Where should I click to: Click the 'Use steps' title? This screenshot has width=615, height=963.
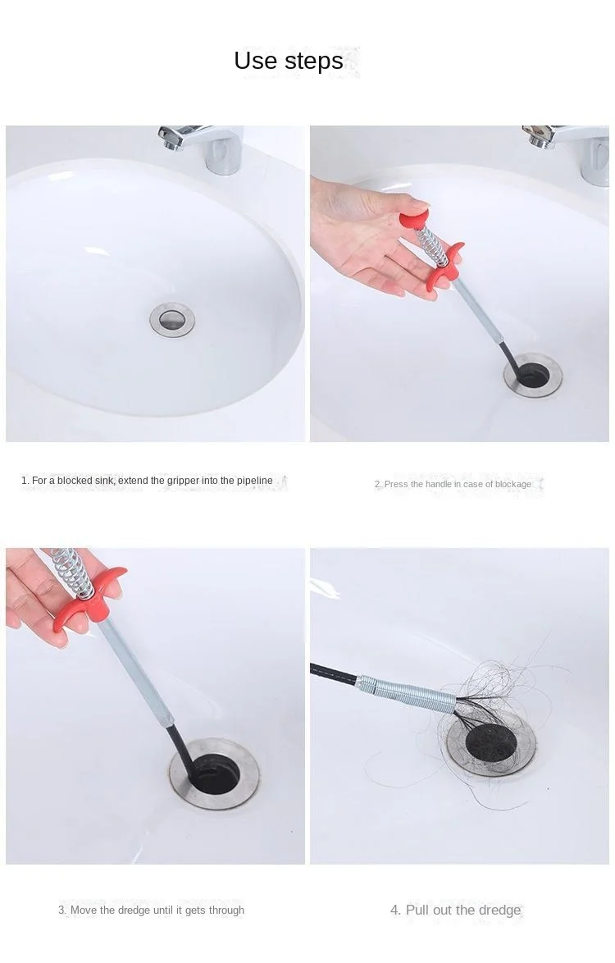pos(289,61)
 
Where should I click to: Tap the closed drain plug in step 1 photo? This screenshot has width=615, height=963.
pos(172,319)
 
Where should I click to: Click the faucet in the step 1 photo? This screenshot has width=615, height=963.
pos(202,148)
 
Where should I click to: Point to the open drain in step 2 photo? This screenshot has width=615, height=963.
pos(533,374)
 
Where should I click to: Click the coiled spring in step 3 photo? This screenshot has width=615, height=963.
pos(72,572)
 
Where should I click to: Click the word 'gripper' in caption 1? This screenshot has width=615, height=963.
pos(183,481)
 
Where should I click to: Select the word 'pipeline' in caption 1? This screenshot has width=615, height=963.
pos(255,481)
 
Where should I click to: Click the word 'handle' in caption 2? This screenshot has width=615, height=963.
pos(439,484)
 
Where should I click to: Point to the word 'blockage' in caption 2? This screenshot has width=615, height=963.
pos(513,485)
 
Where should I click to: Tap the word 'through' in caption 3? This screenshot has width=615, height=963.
pos(225,911)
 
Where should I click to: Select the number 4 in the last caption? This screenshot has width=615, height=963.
pos(394,911)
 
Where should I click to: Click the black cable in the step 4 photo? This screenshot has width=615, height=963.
pos(335,673)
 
